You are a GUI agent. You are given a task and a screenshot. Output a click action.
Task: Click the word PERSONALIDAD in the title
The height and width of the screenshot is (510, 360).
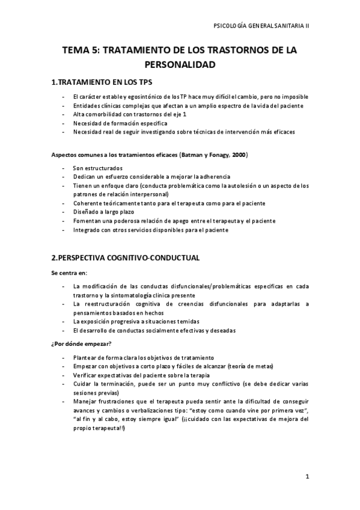(x=180, y=63)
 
